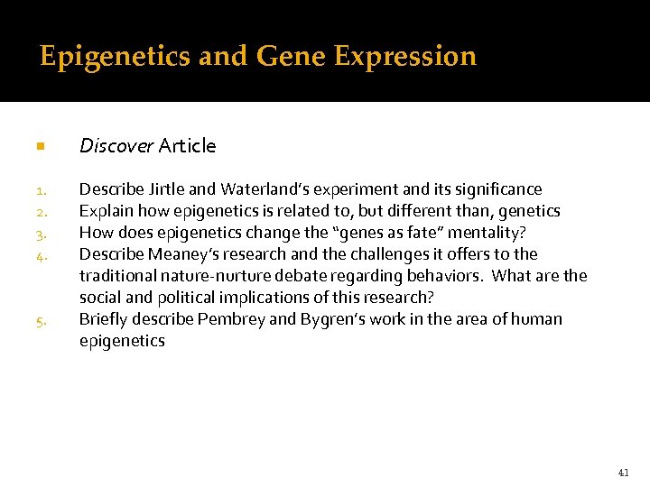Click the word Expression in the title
pos(404,56)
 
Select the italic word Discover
pos(116,145)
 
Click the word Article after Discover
pos(187,145)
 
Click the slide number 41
pos(624,472)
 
